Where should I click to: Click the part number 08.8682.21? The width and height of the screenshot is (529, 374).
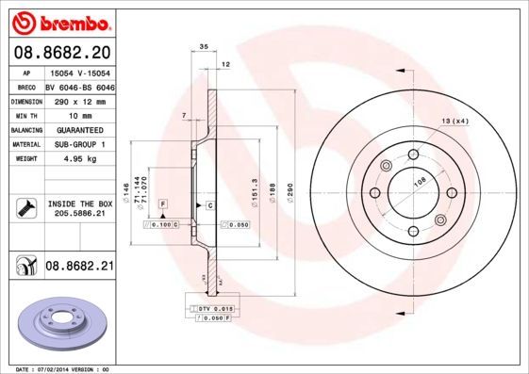click(x=78, y=268)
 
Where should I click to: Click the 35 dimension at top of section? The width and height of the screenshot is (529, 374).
click(x=204, y=45)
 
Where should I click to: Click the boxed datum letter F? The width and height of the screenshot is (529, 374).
click(x=164, y=204)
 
